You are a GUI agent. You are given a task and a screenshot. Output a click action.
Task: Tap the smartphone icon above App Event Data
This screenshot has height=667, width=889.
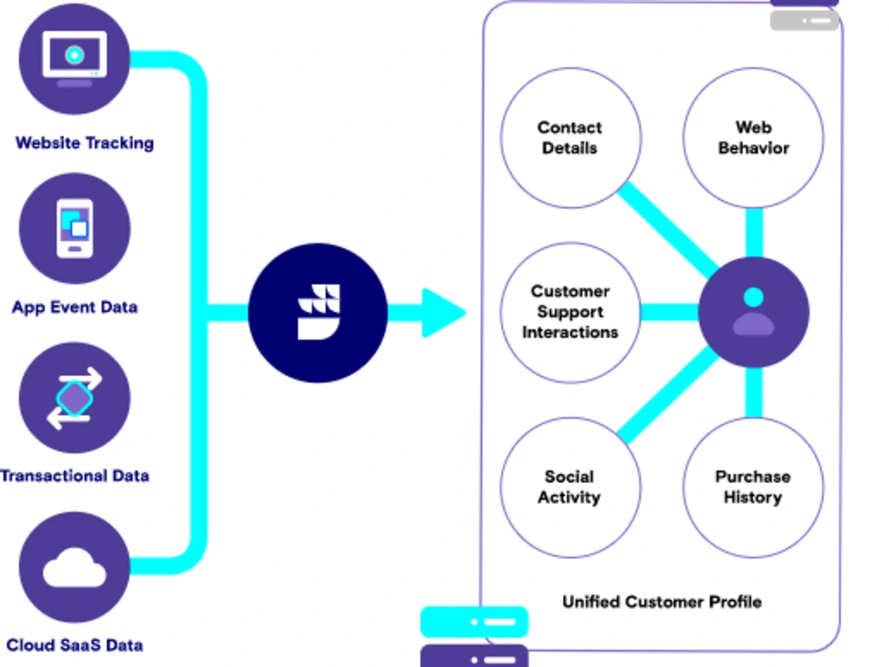click(75, 228)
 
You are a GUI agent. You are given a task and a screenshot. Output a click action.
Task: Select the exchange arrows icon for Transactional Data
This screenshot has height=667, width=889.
click(75, 398)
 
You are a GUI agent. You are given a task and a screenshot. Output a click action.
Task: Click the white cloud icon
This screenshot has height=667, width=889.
click(75, 567)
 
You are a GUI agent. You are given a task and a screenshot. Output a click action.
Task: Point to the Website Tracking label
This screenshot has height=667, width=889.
click(84, 143)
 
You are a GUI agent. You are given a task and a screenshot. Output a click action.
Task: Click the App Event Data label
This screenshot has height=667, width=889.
click(75, 308)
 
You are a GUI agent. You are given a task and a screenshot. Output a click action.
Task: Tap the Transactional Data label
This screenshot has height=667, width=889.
click(75, 475)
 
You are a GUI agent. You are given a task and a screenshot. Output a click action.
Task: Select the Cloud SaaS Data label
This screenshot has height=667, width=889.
click(75, 645)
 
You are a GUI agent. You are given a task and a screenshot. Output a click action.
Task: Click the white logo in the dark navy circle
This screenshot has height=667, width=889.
click(318, 312)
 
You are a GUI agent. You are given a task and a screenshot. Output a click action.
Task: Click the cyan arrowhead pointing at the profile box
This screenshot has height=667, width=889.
click(444, 312)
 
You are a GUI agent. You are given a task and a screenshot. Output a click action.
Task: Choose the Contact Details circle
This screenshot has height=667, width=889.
click(571, 138)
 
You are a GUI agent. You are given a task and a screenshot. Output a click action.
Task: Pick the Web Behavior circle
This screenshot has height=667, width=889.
click(754, 138)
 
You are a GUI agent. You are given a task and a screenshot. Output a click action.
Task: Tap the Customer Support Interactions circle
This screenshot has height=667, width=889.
click(571, 312)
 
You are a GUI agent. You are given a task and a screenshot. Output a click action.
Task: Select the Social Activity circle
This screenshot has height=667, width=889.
click(571, 487)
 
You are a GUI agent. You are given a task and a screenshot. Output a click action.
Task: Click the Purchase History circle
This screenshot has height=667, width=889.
click(754, 487)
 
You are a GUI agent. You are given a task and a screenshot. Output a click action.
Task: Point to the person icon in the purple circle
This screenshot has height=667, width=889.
click(754, 312)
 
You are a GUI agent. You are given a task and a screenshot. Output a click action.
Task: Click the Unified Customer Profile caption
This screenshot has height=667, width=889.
click(661, 602)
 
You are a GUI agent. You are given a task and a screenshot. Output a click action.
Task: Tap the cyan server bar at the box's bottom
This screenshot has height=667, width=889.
click(474, 622)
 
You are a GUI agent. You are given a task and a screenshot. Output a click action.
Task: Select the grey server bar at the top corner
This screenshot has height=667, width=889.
click(805, 20)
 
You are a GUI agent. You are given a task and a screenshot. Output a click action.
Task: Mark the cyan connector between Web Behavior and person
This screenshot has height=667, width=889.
click(754, 232)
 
